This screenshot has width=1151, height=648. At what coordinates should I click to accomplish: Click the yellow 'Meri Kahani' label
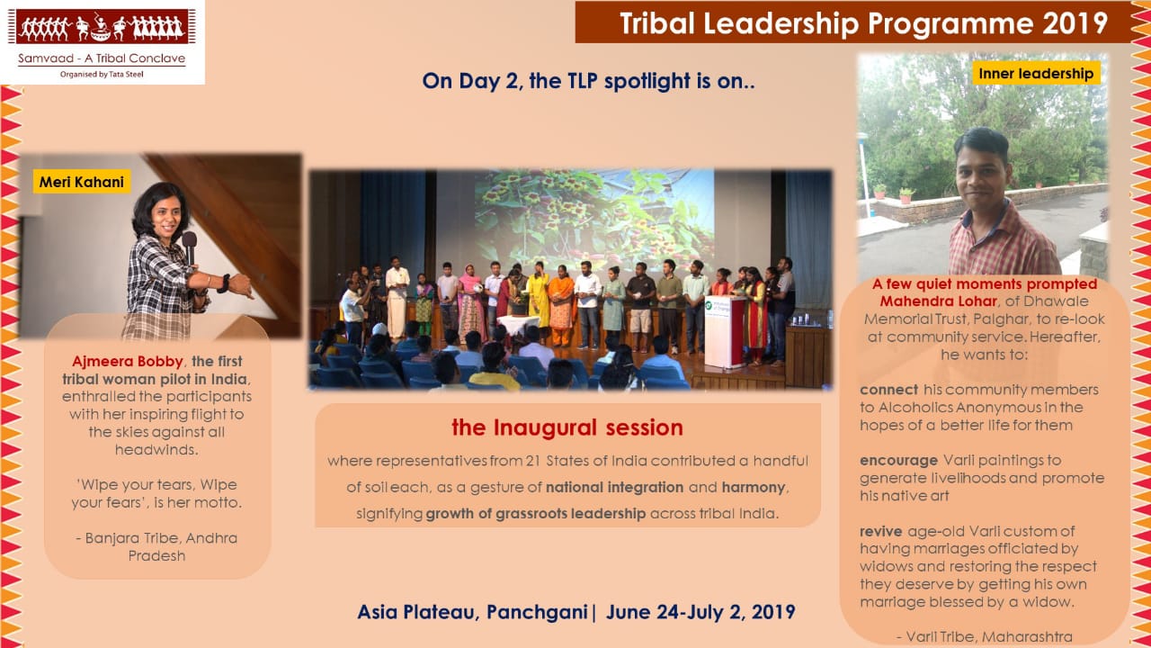pos(82,182)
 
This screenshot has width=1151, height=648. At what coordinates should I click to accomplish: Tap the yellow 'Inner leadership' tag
pos(1036,73)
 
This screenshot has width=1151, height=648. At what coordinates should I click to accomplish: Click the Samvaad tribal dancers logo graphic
pos(102,27)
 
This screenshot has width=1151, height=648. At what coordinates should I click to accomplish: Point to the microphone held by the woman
pos(190,247)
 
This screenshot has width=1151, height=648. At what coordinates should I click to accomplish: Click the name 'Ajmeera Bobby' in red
pos(128,362)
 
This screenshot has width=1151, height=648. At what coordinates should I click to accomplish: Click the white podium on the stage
pos(725,332)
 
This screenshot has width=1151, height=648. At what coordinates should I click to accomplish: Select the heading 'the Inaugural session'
pos(567,427)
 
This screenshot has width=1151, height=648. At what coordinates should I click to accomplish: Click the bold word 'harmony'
pos(754,487)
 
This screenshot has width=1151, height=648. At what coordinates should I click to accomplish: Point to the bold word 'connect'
pos(889,390)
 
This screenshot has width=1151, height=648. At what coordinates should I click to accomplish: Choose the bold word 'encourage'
pos(898,461)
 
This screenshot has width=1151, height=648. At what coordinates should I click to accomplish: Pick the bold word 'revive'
pos(880,531)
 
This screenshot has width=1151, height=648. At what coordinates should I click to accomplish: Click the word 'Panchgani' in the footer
pos(537,612)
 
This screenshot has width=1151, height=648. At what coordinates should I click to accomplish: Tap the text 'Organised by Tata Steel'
pos(102,74)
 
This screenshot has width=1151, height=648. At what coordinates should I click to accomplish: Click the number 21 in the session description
pos(532,461)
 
